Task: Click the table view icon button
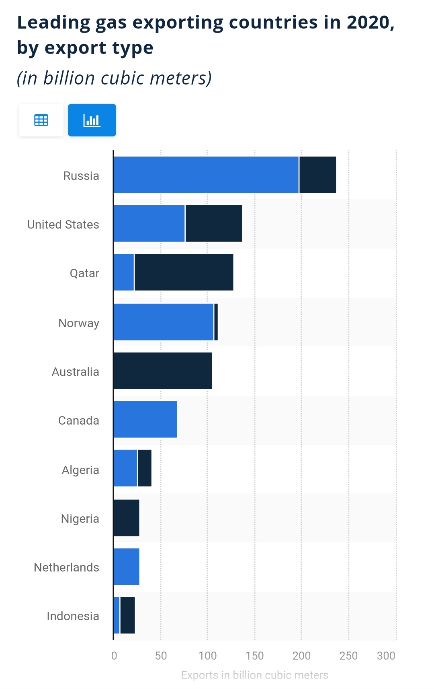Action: coord(41,120)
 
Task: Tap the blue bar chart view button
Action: coord(92,120)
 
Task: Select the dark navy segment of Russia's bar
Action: coord(317,175)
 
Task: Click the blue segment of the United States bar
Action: coord(149,223)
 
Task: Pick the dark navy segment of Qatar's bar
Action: coord(184,272)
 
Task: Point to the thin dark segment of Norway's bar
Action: coord(216,322)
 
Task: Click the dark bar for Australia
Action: coord(163,371)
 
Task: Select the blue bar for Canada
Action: coord(145,419)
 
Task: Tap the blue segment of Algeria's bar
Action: coord(125,468)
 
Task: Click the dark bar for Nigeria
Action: coord(127,518)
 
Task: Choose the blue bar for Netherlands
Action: coord(127,567)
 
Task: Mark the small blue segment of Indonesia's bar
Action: coord(117,615)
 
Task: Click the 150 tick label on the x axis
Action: coord(255,656)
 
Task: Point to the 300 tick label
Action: coord(386,656)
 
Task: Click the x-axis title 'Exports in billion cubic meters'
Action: coord(254,675)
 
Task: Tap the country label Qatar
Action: coord(84,273)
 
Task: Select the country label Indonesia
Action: coord(73,616)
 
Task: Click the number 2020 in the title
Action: coord(368,23)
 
